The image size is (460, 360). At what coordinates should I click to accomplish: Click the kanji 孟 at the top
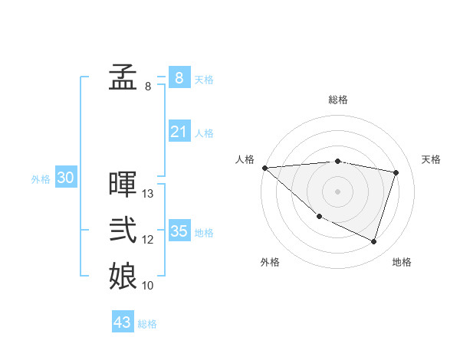(123, 77)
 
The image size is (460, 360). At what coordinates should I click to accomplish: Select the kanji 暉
(123, 185)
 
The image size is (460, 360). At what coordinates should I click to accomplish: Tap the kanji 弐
(123, 231)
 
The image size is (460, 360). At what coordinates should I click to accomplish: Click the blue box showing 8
(179, 77)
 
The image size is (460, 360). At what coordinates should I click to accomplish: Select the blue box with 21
(179, 132)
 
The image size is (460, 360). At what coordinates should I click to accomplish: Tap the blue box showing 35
(179, 231)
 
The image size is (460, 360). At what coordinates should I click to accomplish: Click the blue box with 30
(66, 178)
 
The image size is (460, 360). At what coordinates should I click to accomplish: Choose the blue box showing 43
(123, 322)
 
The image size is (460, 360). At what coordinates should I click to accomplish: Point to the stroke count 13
(149, 194)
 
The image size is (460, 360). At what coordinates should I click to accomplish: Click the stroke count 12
(149, 240)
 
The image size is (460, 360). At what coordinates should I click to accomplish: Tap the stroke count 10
(149, 286)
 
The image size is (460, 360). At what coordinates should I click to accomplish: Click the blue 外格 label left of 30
(41, 179)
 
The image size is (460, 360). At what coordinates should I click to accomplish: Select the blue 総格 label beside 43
(147, 324)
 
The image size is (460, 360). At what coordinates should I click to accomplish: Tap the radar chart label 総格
(338, 100)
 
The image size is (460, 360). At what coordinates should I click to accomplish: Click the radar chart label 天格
(432, 159)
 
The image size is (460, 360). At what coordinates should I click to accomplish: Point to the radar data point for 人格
(264, 168)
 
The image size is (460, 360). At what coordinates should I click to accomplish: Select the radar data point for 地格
(374, 242)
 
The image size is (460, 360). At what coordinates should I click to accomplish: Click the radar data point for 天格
(396, 172)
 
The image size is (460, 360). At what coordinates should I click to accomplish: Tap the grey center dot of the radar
(338, 191)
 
